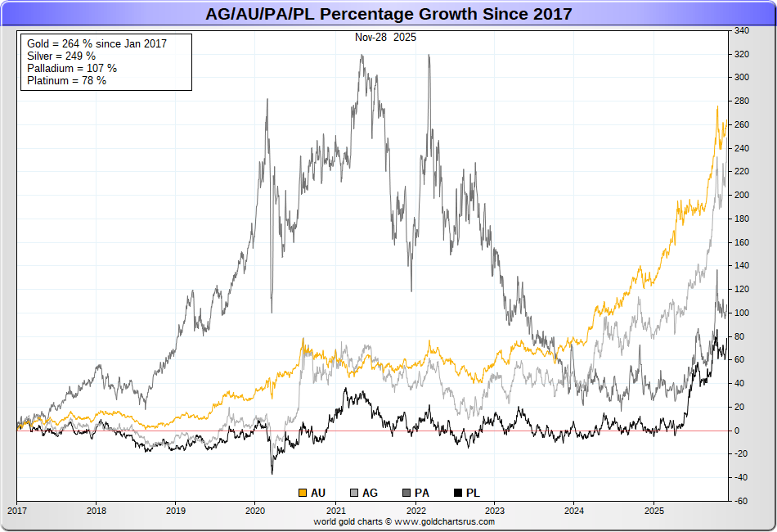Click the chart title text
coord(388,14)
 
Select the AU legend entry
coord(312,493)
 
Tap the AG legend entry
coord(364,493)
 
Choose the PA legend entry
coord(415,493)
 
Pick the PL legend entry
coord(466,493)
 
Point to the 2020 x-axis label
coord(254,510)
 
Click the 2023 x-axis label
coord(493,510)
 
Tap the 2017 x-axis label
coord(16,510)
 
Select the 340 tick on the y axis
coord(741,31)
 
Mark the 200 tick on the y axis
coord(741,196)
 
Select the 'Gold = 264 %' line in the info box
coord(97,43)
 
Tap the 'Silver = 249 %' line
coord(61,56)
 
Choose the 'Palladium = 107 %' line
coord(71,68)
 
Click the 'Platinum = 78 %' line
coord(66,80)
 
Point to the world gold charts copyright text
coord(404,521)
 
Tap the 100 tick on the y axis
coord(741,313)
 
